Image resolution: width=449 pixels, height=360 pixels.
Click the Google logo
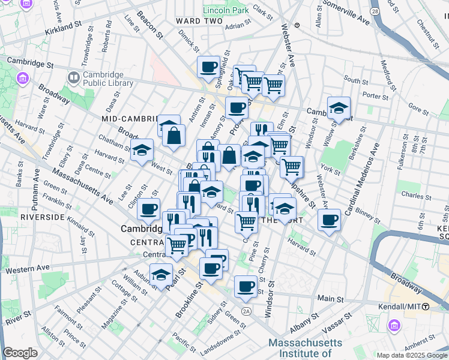(x=20, y=353)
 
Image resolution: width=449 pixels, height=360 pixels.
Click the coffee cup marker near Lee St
(x=148, y=210)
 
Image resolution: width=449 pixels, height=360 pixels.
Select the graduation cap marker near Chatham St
(x=142, y=150)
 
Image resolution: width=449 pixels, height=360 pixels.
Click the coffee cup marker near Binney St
(x=329, y=220)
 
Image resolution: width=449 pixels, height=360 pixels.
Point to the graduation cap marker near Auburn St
(x=161, y=274)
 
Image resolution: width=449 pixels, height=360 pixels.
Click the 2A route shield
(x=246, y=310)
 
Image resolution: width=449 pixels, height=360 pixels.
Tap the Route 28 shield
(x=375, y=11)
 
